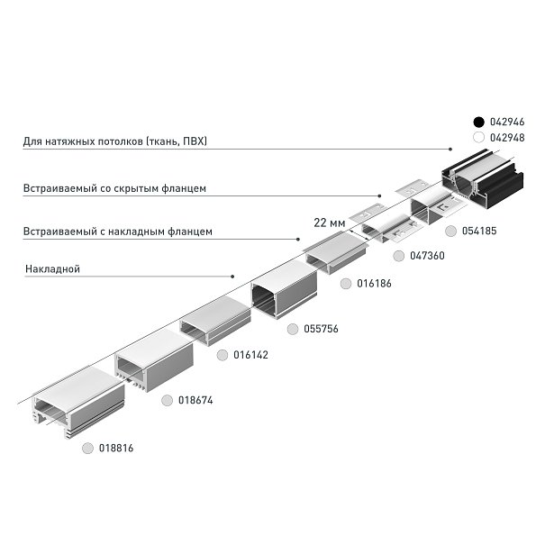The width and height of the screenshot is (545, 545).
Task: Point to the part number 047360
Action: [427, 256]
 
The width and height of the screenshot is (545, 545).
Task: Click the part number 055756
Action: [320, 329]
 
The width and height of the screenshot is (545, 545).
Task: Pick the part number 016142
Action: [250, 355]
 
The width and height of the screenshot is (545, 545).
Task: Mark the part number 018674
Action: [195, 399]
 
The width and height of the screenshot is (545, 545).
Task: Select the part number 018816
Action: [115, 448]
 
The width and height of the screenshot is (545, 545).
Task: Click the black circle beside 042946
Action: [479, 121]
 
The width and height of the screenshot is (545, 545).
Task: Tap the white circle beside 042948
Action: [479, 138]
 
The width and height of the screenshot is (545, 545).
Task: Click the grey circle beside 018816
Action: [86, 448]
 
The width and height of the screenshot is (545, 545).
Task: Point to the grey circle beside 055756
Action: [292, 329]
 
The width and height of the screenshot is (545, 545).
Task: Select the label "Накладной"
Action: [53, 268]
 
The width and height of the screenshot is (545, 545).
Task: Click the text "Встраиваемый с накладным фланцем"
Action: [118, 232]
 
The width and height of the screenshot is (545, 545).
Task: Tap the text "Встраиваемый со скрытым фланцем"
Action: [115, 189]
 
